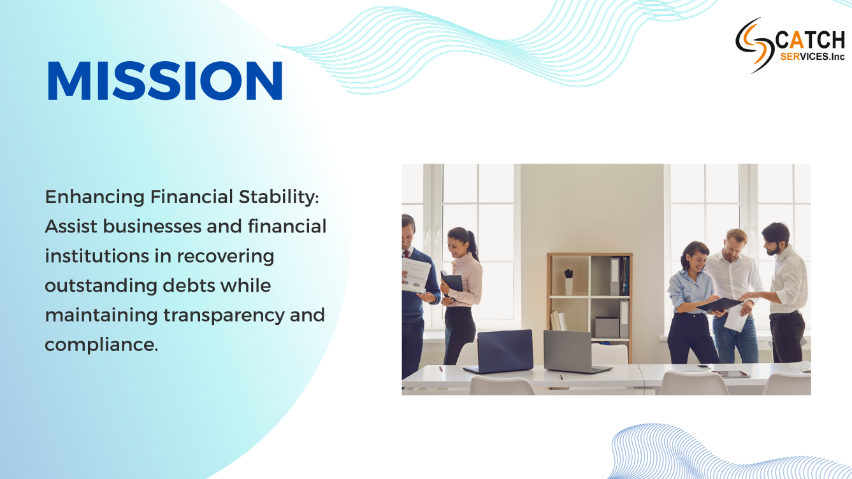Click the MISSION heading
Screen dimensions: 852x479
(x=165, y=81)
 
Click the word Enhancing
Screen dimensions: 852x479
(x=95, y=197)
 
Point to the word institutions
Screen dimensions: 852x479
(x=97, y=256)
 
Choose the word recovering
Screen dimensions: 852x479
(x=226, y=257)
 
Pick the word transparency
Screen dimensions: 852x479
(x=224, y=316)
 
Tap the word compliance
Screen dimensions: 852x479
(x=101, y=345)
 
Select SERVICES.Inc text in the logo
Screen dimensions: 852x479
(x=812, y=57)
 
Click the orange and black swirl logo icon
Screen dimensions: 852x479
(x=755, y=45)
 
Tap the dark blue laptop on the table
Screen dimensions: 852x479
(x=499, y=352)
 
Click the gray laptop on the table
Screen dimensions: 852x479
(x=574, y=352)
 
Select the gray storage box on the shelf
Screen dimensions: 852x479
(x=607, y=327)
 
